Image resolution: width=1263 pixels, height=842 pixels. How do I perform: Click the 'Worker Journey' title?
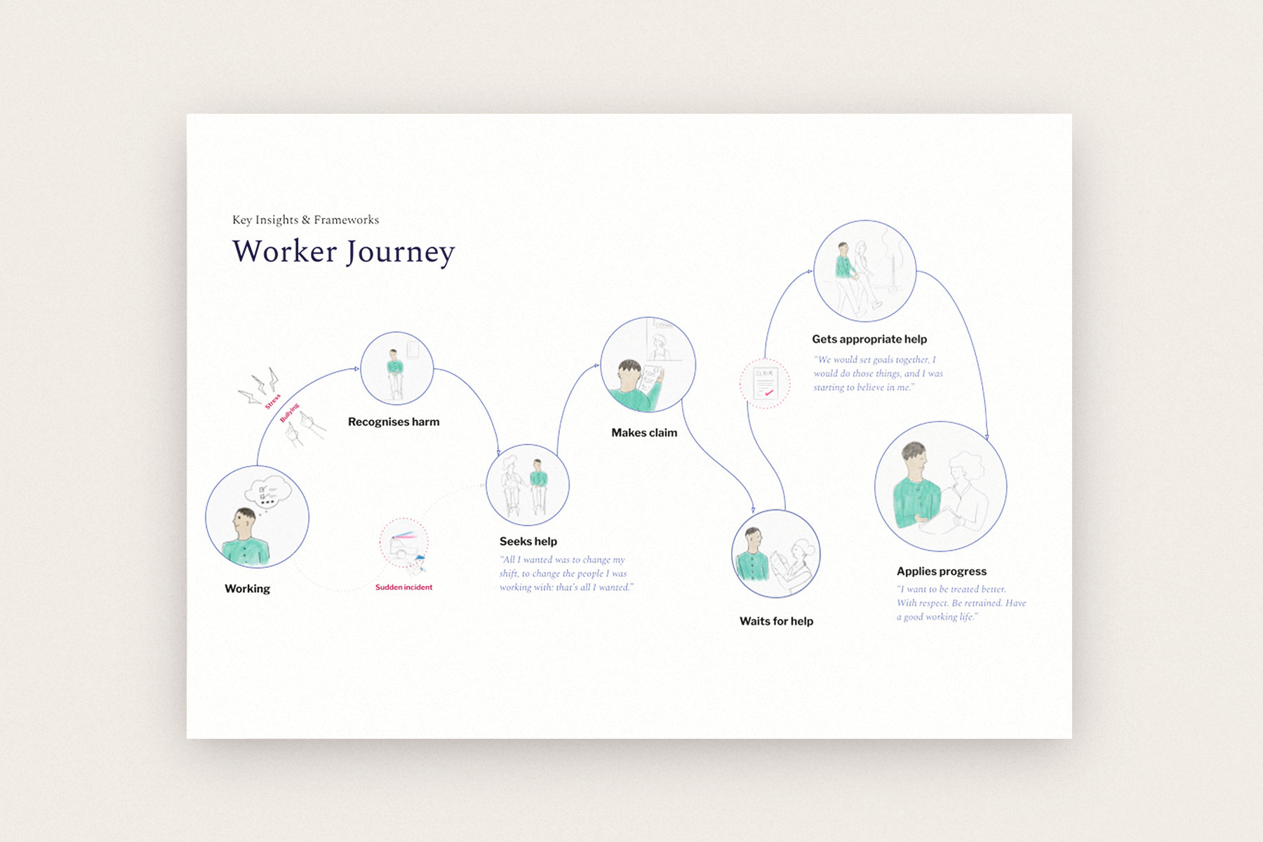(344, 252)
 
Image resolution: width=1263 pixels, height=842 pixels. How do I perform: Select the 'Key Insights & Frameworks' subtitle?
(305, 220)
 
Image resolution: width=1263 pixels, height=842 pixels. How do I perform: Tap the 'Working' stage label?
(247, 589)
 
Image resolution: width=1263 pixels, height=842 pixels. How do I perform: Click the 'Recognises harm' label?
(394, 422)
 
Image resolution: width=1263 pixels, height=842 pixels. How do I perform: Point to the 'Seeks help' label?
(528, 541)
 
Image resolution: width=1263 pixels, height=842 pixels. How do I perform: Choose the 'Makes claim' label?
(644, 433)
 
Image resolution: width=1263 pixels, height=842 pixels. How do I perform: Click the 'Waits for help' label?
(776, 621)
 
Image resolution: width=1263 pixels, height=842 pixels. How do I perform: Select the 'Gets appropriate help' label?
(869, 339)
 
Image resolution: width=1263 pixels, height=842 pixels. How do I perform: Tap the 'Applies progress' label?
(942, 571)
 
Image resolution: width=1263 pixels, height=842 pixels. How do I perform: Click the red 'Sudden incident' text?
(403, 587)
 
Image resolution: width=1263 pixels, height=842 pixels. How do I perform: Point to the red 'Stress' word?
(273, 401)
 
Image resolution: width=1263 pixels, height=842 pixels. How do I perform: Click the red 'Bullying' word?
(289, 413)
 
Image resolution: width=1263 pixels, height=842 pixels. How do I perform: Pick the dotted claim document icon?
(764, 384)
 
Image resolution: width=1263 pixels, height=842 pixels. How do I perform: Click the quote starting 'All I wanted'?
(566, 573)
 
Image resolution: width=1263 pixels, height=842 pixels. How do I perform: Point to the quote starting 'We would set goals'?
(878, 373)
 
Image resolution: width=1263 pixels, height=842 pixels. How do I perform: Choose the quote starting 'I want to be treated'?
(961, 603)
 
